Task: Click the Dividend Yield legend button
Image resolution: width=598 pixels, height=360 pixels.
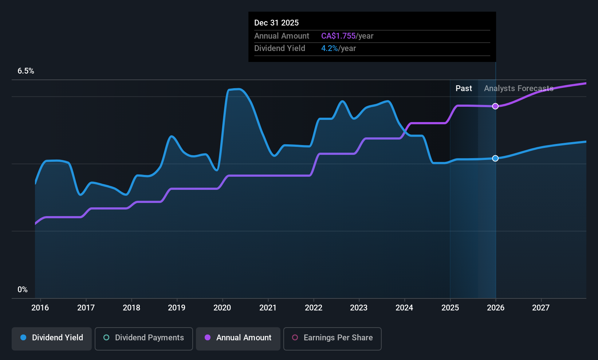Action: click(x=52, y=338)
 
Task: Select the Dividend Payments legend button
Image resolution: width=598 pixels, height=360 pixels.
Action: click(x=143, y=338)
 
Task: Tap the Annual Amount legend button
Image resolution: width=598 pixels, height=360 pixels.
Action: click(x=238, y=338)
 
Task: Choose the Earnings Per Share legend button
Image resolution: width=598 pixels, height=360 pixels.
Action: click(x=332, y=338)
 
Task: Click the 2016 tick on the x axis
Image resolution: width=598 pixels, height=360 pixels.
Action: click(x=40, y=308)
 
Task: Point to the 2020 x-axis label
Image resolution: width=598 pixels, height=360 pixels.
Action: click(x=222, y=308)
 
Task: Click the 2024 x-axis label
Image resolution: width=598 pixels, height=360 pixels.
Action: click(x=404, y=308)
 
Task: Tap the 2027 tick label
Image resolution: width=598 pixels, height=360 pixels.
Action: click(x=541, y=308)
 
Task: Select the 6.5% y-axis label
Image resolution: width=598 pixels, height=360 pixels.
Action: click(x=26, y=71)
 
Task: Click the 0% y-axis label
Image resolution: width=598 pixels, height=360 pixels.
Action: click(x=23, y=290)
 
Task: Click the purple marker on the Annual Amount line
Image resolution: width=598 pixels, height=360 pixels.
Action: click(x=495, y=106)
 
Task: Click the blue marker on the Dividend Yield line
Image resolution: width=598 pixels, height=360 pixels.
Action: click(x=495, y=158)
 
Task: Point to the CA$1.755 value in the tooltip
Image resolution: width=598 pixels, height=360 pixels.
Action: click(x=338, y=36)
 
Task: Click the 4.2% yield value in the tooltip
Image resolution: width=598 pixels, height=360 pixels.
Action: click(x=330, y=48)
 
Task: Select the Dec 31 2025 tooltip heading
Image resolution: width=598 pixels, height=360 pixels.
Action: click(x=276, y=23)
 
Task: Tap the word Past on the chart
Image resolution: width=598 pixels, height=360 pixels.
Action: click(x=464, y=89)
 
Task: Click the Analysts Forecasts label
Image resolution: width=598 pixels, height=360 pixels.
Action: click(x=518, y=89)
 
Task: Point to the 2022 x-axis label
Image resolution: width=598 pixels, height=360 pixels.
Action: click(x=314, y=308)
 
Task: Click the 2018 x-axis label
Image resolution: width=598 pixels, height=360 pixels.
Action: click(x=131, y=308)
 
